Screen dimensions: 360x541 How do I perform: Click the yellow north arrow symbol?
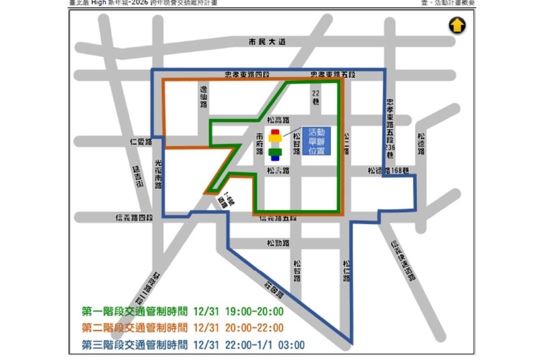point(457,25)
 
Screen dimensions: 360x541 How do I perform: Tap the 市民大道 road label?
point(267,42)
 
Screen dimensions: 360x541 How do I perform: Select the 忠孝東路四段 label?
point(247,74)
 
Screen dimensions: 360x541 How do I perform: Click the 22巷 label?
point(316,97)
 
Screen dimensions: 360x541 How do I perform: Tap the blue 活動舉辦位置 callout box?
point(316,141)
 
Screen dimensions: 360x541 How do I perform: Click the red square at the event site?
point(275,132)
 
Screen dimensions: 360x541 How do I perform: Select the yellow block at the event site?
point(275,138)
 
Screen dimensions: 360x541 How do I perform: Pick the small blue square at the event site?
point(275,158)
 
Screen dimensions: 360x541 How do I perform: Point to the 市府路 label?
point(260,144)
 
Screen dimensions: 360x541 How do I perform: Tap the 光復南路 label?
point(158,174)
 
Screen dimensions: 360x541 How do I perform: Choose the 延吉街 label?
point(138,177)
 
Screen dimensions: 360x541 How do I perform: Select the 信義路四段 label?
point(134,218)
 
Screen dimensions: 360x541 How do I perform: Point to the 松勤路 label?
point(278,243)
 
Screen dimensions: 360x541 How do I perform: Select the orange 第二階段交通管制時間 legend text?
point(134,328)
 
